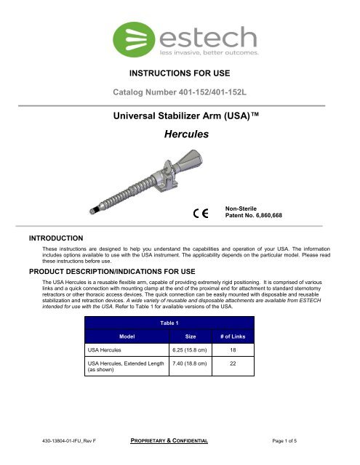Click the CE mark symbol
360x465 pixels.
pos(201,214)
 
